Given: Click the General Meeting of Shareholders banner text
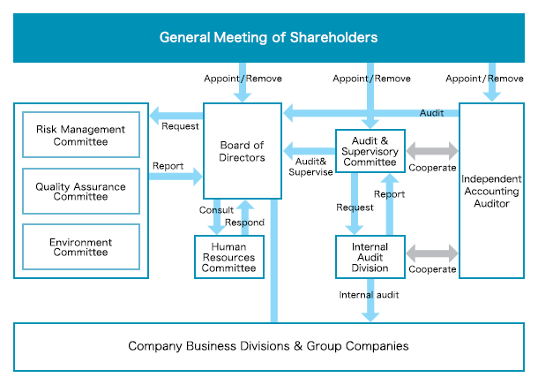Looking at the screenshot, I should [269, 37].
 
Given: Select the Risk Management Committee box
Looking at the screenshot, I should [80, 135].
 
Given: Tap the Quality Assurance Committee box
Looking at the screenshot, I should [80, 192].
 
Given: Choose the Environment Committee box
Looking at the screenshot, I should [80, 247].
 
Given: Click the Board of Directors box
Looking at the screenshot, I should [242, 151].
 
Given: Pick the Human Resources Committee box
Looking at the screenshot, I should [228, 257].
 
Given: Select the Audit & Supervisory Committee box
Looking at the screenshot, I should [370, 150].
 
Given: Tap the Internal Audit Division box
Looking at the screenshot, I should [370, 257].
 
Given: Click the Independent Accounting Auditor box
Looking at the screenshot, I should [491, 191].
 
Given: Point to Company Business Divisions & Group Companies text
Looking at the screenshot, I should [268, 346].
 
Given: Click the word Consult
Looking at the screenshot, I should [216, 210].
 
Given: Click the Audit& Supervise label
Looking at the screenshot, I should [310, 166].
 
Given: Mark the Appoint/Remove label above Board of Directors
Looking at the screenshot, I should [243, 79].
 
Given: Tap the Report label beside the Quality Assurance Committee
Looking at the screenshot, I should [168, 165].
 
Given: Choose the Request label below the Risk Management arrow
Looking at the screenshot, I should [180, 125].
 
